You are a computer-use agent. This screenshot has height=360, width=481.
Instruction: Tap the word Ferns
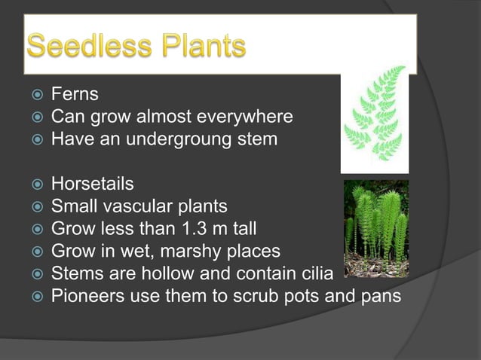(x=75, y=96)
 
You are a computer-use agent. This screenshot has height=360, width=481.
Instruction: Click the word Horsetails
(x=93, y=184)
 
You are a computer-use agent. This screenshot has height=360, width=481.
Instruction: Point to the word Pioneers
(x=84, y=295)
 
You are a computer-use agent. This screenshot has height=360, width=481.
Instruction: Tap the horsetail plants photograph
(x=375, y=228)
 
